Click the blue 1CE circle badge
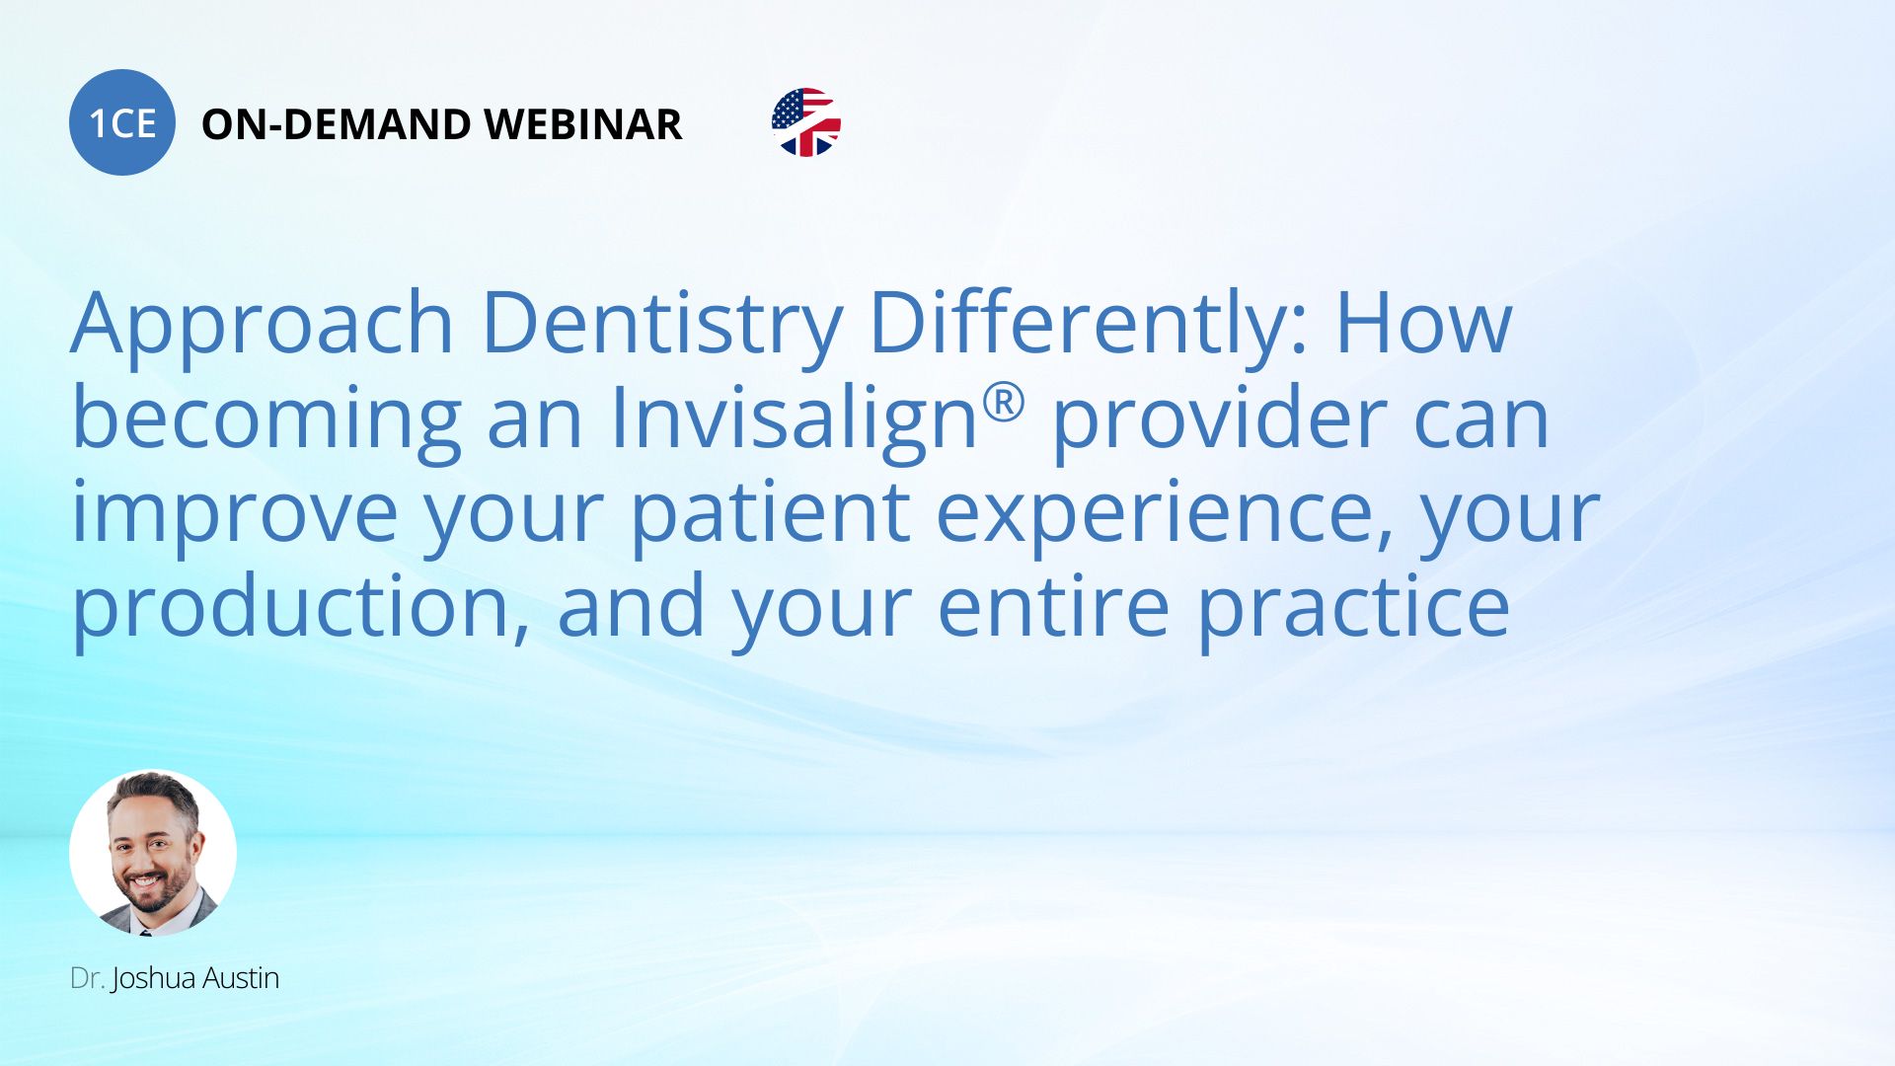(122, 122)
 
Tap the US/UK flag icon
(806, 122)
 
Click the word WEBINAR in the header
(583, 124)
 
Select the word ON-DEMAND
(336, 124)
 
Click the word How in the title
(1424, 322)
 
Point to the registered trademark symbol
(1005, 403)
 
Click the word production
(293, 608)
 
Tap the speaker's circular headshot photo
(153, 853)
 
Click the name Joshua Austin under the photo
(195, 978)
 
